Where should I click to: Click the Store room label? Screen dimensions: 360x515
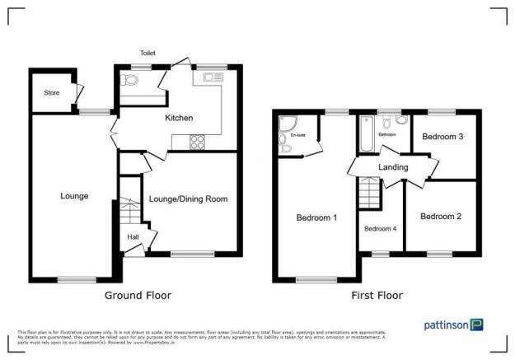pos(51,92)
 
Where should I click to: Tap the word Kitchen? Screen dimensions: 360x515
pos(179,118)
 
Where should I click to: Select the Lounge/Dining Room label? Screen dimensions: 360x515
pos(188,199)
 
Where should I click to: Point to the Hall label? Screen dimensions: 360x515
pos(132,237)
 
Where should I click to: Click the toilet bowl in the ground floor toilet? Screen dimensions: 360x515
pos(130,81)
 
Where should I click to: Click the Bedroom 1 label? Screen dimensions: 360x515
pos(316,217)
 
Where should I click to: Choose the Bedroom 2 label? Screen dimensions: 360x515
pos(440,217)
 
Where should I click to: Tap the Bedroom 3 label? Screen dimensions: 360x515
pos(442,138)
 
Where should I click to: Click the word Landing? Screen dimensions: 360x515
pos(394,167)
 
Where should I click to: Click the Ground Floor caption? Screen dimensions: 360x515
pos(138,294)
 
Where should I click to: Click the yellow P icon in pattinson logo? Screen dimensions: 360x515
pos(476,325)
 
